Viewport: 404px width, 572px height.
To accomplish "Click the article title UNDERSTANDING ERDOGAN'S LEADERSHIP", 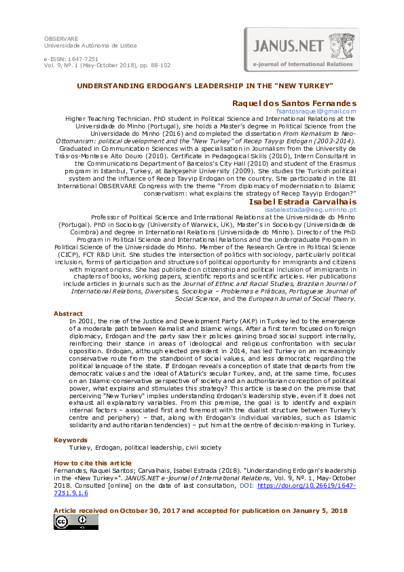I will click(x=204, y=86).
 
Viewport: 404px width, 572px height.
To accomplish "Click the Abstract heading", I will click(x=68, y=313).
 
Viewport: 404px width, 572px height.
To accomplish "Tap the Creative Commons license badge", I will click(x=75, y=521).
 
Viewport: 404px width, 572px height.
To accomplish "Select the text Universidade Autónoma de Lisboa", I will click(x=90, y=46).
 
